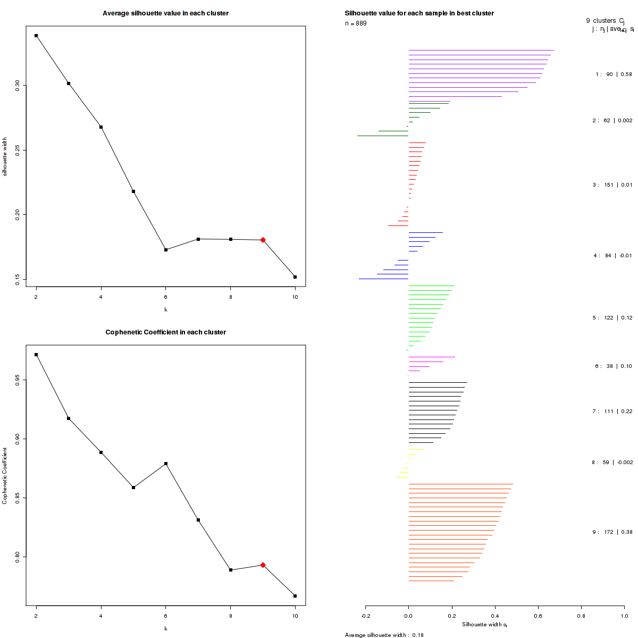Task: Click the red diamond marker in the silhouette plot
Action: pyautogui.click(x=263, y=240)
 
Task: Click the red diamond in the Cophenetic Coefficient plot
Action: pyautogui.click(x=263, y=565)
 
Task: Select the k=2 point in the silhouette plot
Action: pyautogui.click(x=36, y=36)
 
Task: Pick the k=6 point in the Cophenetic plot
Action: pyautogui.click(x=166, y=464)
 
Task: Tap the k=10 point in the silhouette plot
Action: pyautogui.click(x=295, y=277)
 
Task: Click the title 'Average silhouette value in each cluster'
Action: pyautogui.click(x=166, y=13)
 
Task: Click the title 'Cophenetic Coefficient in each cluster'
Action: pyautogui.click(x=166, y=332)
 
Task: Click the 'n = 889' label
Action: pyautogui.click(x=356, y=23)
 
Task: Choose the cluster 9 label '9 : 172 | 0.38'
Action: pyautogui.click(x=612, y=532)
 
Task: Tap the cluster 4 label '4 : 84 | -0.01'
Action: pyautogui.click(x=612, y=256)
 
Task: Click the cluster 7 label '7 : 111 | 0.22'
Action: pyautogui.click(x=612, y=412)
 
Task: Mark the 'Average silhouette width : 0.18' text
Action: pyautogui.click(x=384, y=635)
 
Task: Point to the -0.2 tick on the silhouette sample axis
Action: pyautogui.click(x=366, y=616)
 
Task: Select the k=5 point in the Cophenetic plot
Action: pyautogui.click(x=133, y=488)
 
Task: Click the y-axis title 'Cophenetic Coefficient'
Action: pyautogui.click(x=5, y=475)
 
